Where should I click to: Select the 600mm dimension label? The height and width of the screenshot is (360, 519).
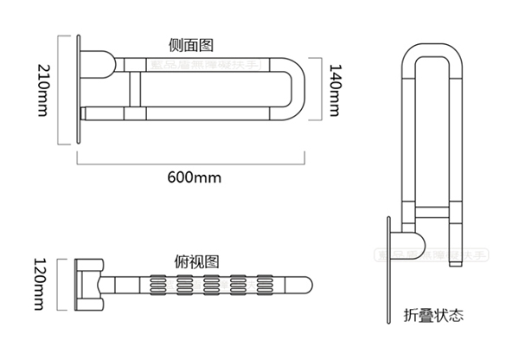point(195,177)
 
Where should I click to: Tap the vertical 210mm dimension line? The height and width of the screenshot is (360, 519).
point(59,90)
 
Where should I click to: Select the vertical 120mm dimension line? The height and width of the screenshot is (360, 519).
point(63,283)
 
